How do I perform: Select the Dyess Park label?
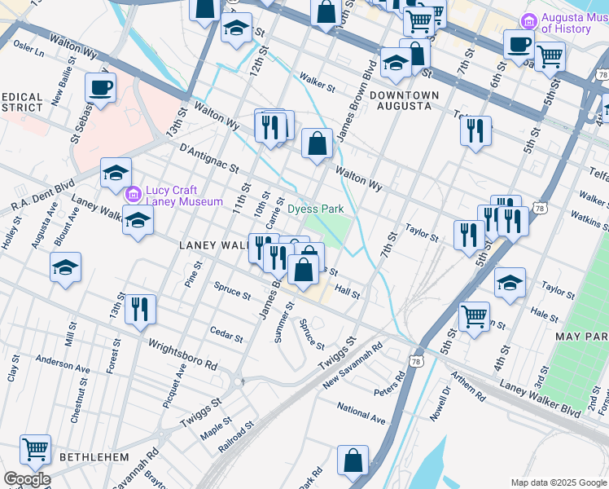point(316,209)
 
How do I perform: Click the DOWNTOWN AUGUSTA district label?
point(404,100)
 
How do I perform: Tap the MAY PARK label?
point(581,336)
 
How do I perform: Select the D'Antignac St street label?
point(208,158)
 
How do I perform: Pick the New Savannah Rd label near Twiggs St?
point(353,363)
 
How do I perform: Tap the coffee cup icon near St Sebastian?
point(100,88)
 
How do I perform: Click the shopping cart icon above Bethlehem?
point(35,449)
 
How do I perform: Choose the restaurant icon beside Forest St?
point(140,309)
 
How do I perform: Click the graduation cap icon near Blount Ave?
point(65,267)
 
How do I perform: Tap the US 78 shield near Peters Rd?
point(416,360)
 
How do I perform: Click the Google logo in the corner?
point(27,479)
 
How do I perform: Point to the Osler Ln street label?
point(28,47)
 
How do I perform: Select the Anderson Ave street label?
point(63,363)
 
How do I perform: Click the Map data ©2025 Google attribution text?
point(558,482)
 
